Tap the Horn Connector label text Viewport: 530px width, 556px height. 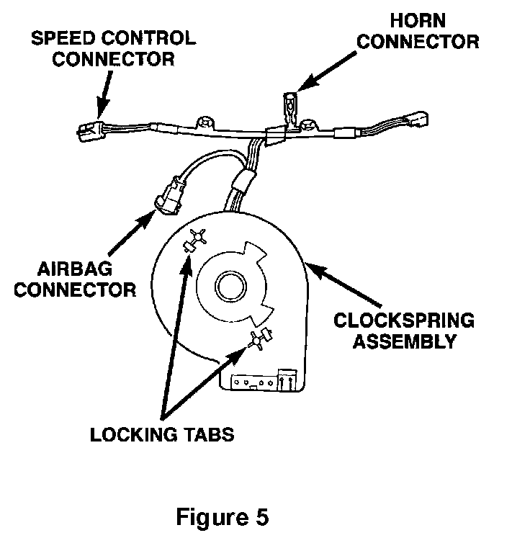tap(418, 31)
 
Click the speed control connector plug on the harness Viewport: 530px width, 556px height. tap(89, 130)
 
